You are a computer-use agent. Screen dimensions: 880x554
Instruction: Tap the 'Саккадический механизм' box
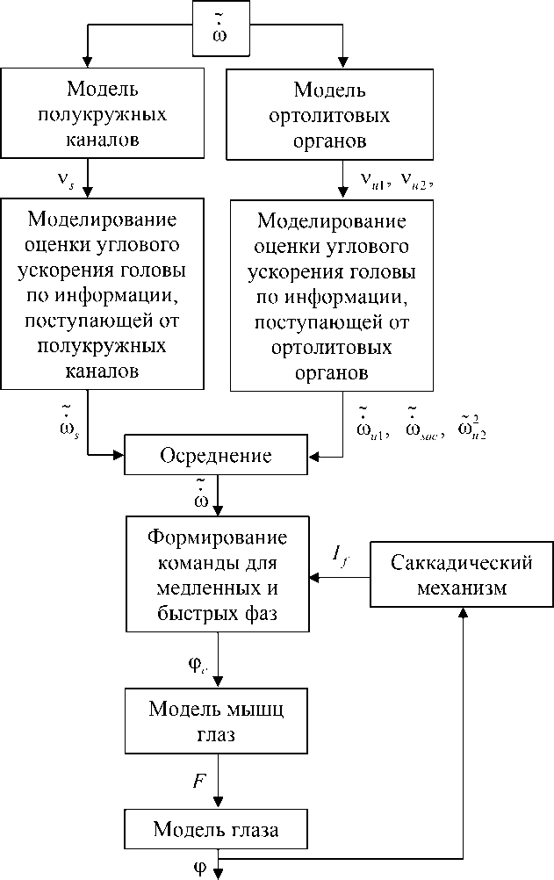[462, 575]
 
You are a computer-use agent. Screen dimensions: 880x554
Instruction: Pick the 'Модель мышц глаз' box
[216, 721]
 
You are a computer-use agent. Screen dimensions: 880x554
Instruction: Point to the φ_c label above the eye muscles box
[198, 665]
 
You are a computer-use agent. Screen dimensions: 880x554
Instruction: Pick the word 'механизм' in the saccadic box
[462, 588]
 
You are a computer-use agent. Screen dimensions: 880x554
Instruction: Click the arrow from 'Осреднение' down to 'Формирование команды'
[217, 495]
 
